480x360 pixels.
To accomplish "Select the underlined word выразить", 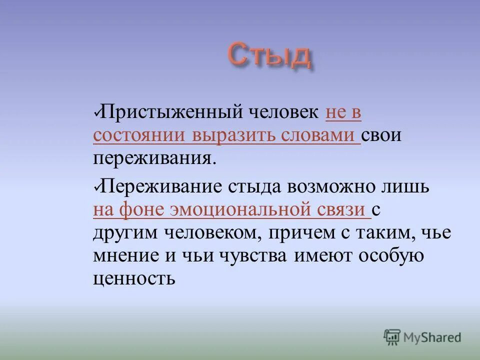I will [x=234, y=135].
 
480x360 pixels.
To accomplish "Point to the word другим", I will [x=123, y=233].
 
